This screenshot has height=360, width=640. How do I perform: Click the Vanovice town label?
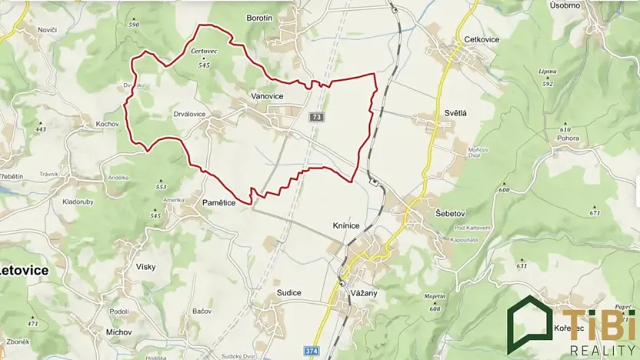[267, 96]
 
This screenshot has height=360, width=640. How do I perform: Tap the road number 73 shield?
[317, 117]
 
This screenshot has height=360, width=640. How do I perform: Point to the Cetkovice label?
[483, 39]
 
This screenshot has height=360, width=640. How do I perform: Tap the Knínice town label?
[345, 226]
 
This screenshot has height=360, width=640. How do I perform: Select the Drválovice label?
[189, 114]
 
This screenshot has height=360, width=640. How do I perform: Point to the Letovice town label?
[24, 271]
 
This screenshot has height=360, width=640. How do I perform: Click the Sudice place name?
[288, 293]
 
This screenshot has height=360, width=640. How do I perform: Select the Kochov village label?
[106, 124]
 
